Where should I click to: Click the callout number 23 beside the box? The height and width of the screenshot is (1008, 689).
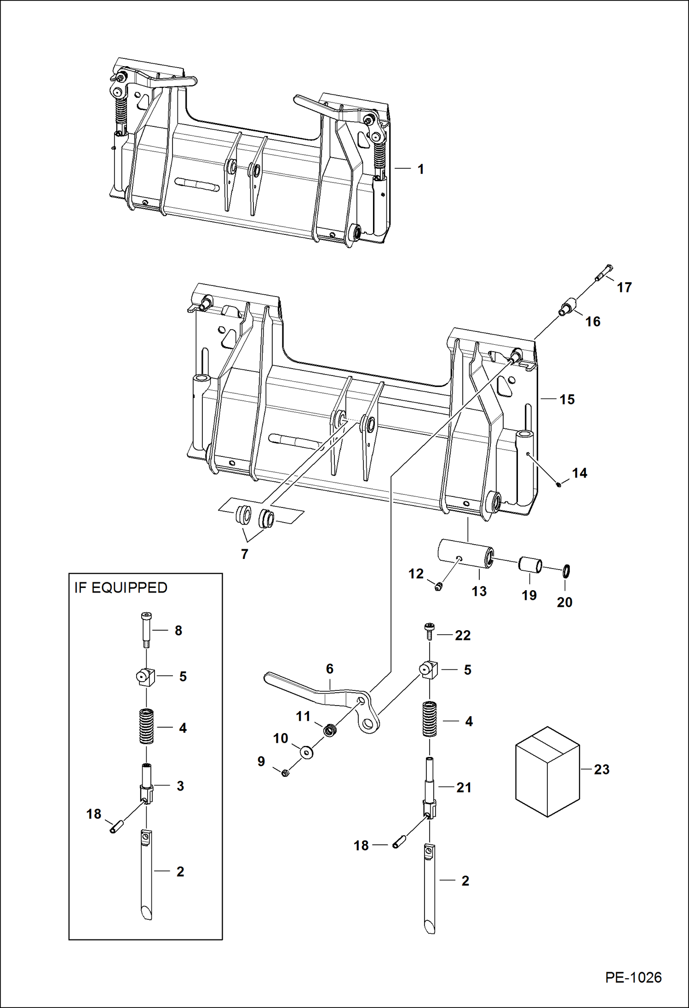[x=602, y=769]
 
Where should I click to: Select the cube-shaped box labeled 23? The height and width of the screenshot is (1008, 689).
[x=547, y=772]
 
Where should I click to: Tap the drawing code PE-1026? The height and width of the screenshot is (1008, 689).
[x=633, y=977]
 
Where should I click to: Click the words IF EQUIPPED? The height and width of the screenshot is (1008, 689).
[x=121, y=588]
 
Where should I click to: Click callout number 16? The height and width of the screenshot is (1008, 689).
[x=593, y=322]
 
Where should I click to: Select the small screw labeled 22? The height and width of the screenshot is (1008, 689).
[x=428, y=632]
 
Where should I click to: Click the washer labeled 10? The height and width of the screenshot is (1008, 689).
[x=306, y=752]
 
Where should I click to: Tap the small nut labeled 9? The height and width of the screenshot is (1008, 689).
[x=285, y=773]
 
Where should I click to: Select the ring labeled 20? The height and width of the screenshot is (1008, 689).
[x=566, y=571]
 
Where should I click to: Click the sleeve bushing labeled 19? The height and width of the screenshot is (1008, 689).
[x=530, y=565]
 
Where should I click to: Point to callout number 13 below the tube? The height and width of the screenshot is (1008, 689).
[x=479, y=591]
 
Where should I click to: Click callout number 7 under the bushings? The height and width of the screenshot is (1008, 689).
[x=245, y=554]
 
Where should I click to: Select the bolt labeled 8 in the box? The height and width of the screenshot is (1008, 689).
[x=146, y=630]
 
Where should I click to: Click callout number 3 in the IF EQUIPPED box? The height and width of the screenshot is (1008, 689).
[x=180, y=786]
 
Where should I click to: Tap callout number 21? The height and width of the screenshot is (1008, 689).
[x=464, y=787]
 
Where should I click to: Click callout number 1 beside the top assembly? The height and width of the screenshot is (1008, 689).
[x=420, y=169]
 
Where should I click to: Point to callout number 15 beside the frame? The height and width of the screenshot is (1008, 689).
[x=567, y=399]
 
